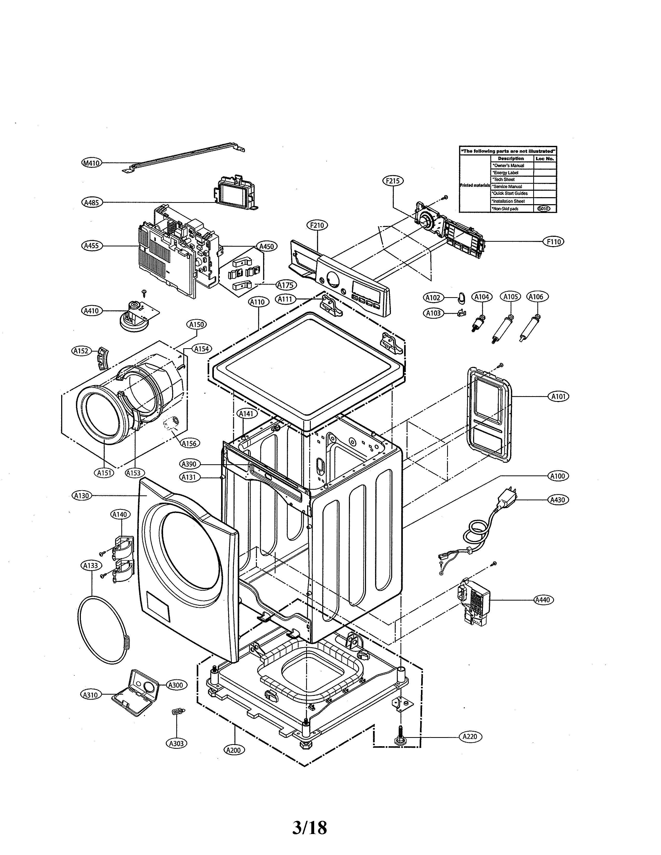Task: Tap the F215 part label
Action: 392,181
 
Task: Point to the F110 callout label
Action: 554,241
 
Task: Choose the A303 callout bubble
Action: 176,743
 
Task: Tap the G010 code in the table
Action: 544,209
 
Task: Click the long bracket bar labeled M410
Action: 184,159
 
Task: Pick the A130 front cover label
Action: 81,496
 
